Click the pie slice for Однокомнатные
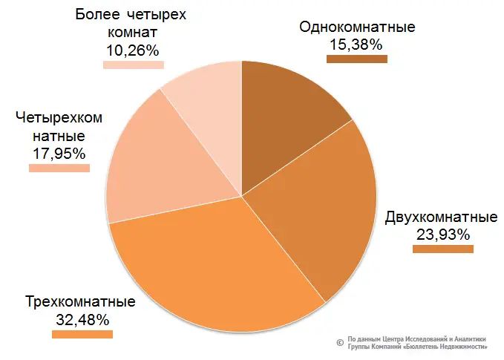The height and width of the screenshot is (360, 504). click(x=286, y=119)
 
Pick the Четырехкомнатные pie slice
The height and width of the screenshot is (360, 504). click(x=163, y=163)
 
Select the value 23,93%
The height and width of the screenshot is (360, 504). click(x=442, y=235)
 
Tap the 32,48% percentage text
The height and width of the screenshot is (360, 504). click(x=82, y=320)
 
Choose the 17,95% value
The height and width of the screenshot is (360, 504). click(x=59, y=154)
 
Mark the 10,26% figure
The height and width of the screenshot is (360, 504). click(x=134, y=50)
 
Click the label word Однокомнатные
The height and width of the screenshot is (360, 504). click(x=357, y=27)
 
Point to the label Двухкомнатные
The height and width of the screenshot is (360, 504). click(x=441, y=218)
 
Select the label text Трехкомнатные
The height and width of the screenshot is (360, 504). click(x=80, y=303)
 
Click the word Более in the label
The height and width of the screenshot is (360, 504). click(x=99, y=16)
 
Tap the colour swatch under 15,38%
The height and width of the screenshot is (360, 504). click(x=357, y=59)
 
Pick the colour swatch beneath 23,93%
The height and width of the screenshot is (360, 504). click(x=442, y=249)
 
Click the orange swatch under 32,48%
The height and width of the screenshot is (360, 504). click(x=82, y=334)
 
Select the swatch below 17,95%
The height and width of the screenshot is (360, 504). click(x=59, y=168)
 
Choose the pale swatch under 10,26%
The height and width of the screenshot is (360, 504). click(x=134, y=65)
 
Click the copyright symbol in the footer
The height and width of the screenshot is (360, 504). click(x=339, y=343)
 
